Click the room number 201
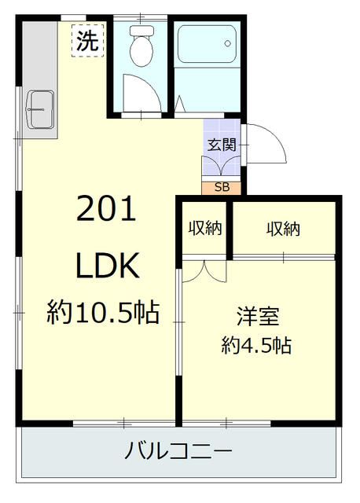click(106, 209)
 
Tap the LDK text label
click(107, 267)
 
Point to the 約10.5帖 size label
click(102, 314)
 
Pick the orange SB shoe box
click(222, 187)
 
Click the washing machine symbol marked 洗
click(86, 40)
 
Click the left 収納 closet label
click(204, 229)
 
